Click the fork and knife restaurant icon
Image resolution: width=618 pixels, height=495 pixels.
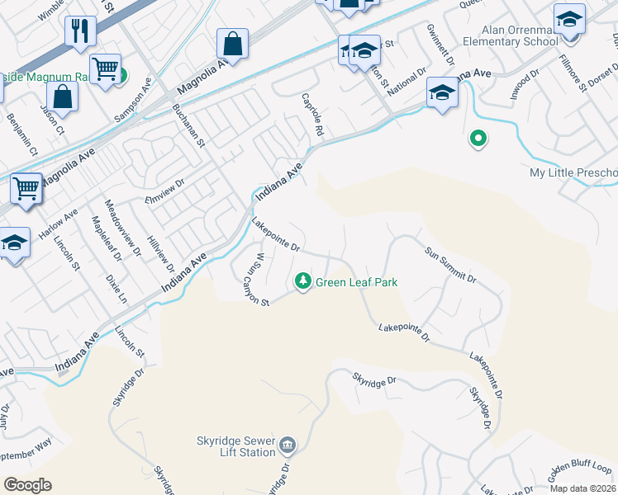(x=80, y=31)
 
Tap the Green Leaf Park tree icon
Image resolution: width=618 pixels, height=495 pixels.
(x=303, y=282)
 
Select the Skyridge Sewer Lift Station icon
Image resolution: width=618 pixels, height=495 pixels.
(x=288, y=446)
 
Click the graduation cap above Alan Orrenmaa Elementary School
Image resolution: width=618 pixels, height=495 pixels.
(x=569, y=18)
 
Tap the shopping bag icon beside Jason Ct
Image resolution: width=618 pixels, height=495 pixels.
(x=62, y=96)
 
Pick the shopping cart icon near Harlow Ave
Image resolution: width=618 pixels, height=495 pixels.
(x=26, y=188)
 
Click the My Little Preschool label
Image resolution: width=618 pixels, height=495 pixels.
(x=573, y=172)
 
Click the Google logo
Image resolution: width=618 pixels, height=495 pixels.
(x=27, y=485)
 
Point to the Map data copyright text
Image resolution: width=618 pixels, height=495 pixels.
(x=583, y=488)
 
